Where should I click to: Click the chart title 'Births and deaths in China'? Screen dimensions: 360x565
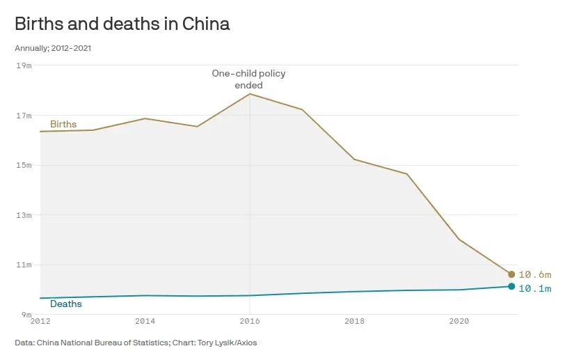point(122,24)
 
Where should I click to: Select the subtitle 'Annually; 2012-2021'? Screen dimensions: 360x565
point(53,48)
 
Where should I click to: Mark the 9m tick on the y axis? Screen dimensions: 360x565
point(26,315)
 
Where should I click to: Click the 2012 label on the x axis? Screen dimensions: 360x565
point(40,322)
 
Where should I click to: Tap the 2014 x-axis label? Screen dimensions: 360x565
point(145,322)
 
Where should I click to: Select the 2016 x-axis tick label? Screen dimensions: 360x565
point(250,322)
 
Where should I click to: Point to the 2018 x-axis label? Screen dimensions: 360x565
point(354,322)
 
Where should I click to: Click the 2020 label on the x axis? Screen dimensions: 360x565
point(459,322)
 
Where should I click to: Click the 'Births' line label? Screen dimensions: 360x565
point(63,125)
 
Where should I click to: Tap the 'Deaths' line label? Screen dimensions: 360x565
point(66,304)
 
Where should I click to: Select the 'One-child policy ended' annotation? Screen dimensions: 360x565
point(248,79)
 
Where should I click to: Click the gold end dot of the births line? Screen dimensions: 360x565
point(511,274)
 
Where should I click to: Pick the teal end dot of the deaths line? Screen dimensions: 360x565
point(511,286)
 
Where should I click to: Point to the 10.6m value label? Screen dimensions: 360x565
point(534,274)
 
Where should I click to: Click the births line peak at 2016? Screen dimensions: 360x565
point(250,94)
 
